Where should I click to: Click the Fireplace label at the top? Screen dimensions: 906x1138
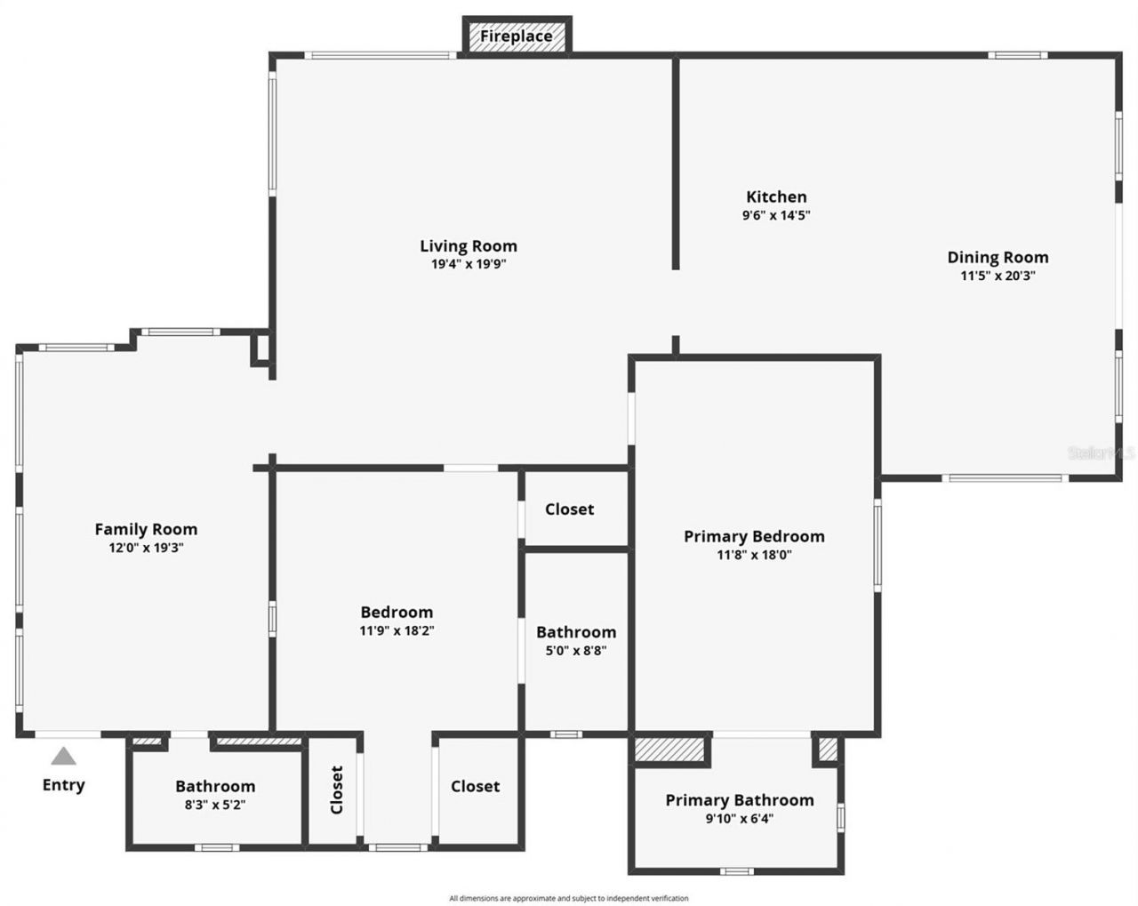point(517,36)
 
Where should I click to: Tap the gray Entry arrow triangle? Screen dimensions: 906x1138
point(63,757)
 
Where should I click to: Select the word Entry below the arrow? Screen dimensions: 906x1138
point(64,784)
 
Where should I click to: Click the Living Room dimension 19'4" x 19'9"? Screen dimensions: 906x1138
point(469,264)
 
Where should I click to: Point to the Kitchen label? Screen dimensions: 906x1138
point(776,196)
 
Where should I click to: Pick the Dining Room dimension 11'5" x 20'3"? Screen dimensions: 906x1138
point(998,276)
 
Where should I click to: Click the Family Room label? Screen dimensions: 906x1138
point(146,529)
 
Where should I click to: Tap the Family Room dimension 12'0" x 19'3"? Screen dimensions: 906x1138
point(146,548)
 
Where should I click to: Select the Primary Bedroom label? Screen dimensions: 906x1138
point(754,536)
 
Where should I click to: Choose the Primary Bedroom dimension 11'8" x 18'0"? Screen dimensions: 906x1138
point(754,555)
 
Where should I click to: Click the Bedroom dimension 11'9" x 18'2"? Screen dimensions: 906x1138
point(397,631)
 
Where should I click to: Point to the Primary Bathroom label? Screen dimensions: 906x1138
point(739,800)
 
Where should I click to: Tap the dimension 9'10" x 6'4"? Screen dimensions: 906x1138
point(739,819)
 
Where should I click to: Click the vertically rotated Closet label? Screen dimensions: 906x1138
point(336,790)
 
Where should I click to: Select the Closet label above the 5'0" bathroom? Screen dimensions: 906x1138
point(569,509)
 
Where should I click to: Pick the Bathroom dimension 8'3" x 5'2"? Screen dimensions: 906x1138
point(215,805)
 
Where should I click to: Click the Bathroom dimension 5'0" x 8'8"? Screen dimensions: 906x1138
point(576,651)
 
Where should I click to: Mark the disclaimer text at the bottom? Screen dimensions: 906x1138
point(569,898)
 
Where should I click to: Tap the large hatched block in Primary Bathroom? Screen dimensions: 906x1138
point(671,749)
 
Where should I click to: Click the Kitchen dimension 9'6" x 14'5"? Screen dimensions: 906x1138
point(776,215)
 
